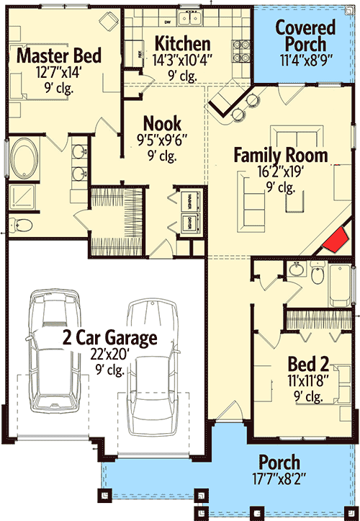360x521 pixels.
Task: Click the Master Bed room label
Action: (59, 55)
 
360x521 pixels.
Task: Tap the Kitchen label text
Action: (183, 43)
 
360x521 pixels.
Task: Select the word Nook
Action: (162, 123)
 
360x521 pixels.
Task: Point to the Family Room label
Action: (280, 155)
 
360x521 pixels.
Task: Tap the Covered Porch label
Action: (306, 36)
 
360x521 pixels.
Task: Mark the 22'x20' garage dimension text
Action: (109, 355)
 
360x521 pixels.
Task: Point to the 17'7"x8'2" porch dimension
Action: (279, 478)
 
